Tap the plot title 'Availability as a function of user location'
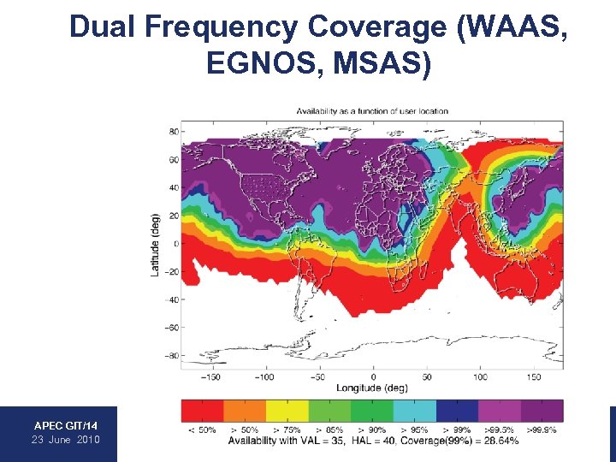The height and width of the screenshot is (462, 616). tap(372, 111)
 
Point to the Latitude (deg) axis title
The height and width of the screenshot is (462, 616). tap(155, 244)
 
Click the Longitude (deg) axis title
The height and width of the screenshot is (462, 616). tap(372, 387)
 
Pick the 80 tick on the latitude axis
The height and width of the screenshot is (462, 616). tap(173, 132)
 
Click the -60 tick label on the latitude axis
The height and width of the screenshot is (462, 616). tap(171, 327)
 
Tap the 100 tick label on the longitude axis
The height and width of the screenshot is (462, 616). tap(479, 376)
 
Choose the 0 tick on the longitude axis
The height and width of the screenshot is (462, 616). tap(372, 376)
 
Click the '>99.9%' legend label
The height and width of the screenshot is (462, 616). tap(542, 429)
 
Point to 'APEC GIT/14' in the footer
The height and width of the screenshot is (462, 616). tap(66, 425)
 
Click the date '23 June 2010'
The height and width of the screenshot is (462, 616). tap(66, 439)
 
